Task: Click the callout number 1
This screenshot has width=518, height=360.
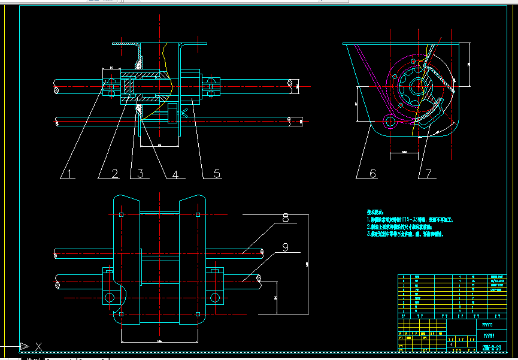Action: [x=69, y=174]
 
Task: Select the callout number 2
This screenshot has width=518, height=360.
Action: [x=116, y=174]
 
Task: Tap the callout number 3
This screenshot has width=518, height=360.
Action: [x=140, y=174]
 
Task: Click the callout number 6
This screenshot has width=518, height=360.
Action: [x=372, y=174]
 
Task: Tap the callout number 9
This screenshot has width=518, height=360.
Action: [x=285, y=246]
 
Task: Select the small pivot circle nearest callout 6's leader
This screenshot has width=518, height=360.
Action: [x=390, y=121]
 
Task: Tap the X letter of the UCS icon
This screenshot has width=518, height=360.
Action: [x=39, y=346]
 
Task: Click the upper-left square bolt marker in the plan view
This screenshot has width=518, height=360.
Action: [x=122, y=214]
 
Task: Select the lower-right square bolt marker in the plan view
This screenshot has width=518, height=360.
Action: [x=198, y=314]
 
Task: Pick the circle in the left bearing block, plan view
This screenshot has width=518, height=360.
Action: [x=109, y=297]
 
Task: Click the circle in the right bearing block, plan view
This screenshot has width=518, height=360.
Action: [x=214, y=297]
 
